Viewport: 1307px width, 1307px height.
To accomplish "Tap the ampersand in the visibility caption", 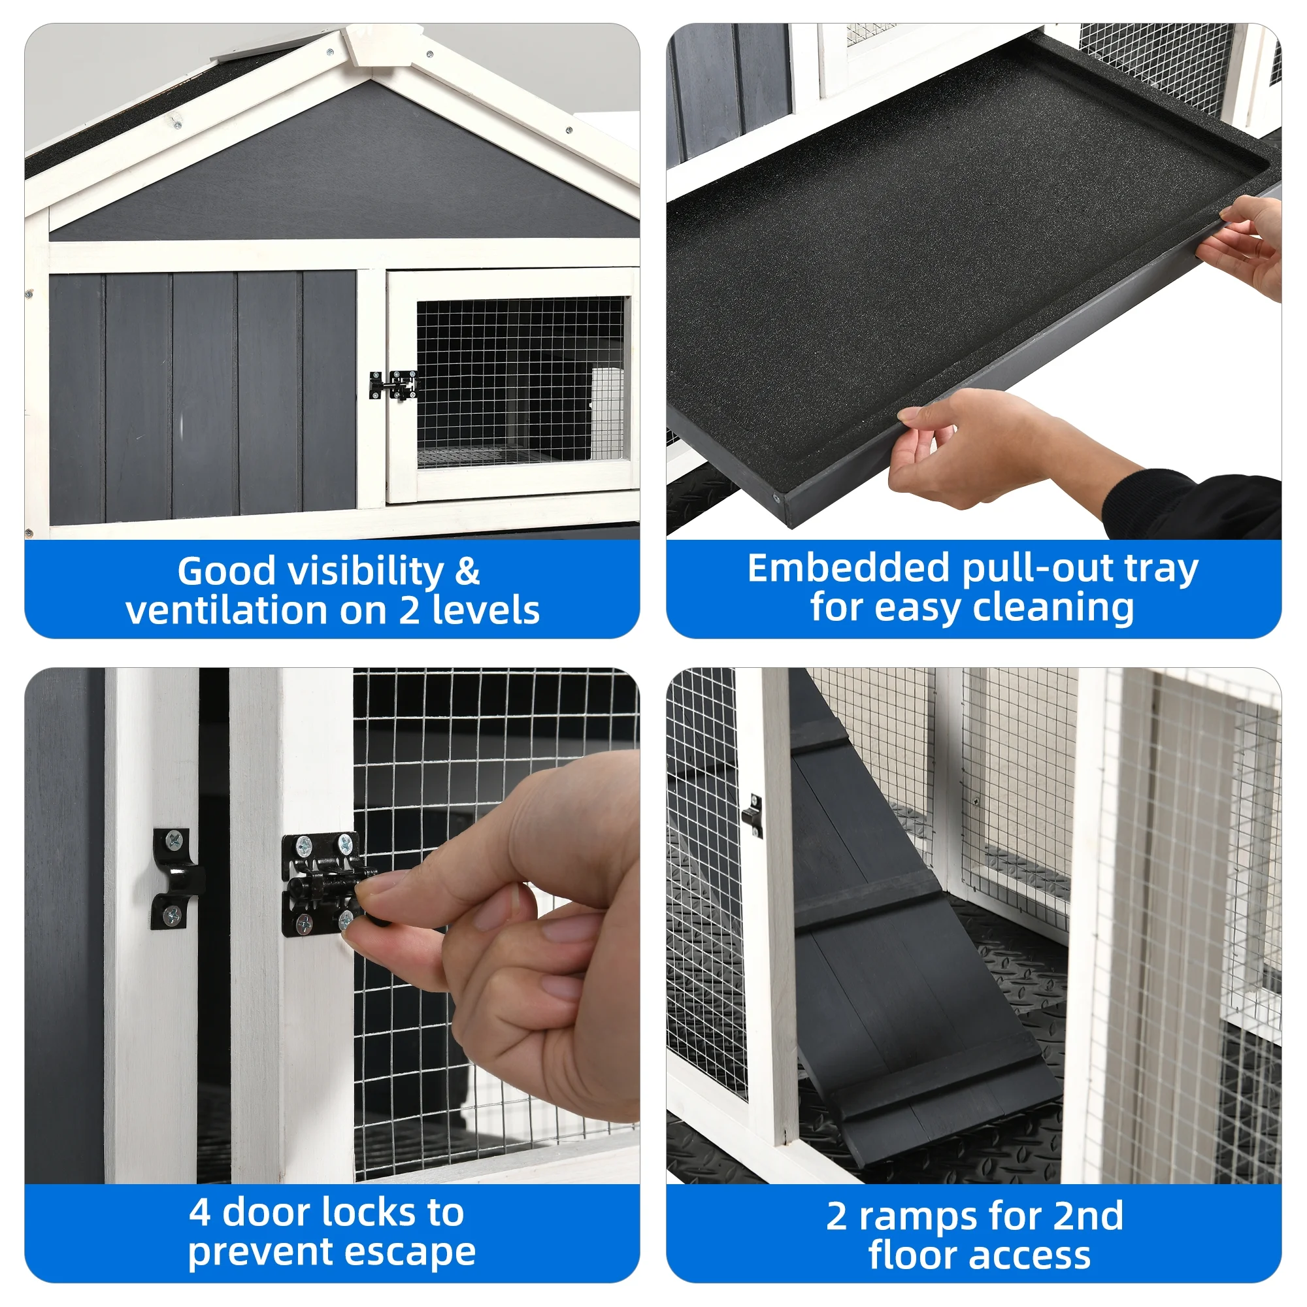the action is tap(467, 571).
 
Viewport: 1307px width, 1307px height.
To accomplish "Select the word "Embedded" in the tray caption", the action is tap(849, 568).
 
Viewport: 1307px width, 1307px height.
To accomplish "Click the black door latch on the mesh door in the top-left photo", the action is tap(393, 385).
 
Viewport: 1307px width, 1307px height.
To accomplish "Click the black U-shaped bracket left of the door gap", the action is tap(176, 878).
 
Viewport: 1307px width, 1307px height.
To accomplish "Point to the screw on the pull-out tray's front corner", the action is tap(776, 499).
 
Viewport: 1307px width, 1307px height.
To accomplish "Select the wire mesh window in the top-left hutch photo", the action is tap(520, 382).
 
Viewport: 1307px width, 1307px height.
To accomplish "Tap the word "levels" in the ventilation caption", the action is tap(486, 610).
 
